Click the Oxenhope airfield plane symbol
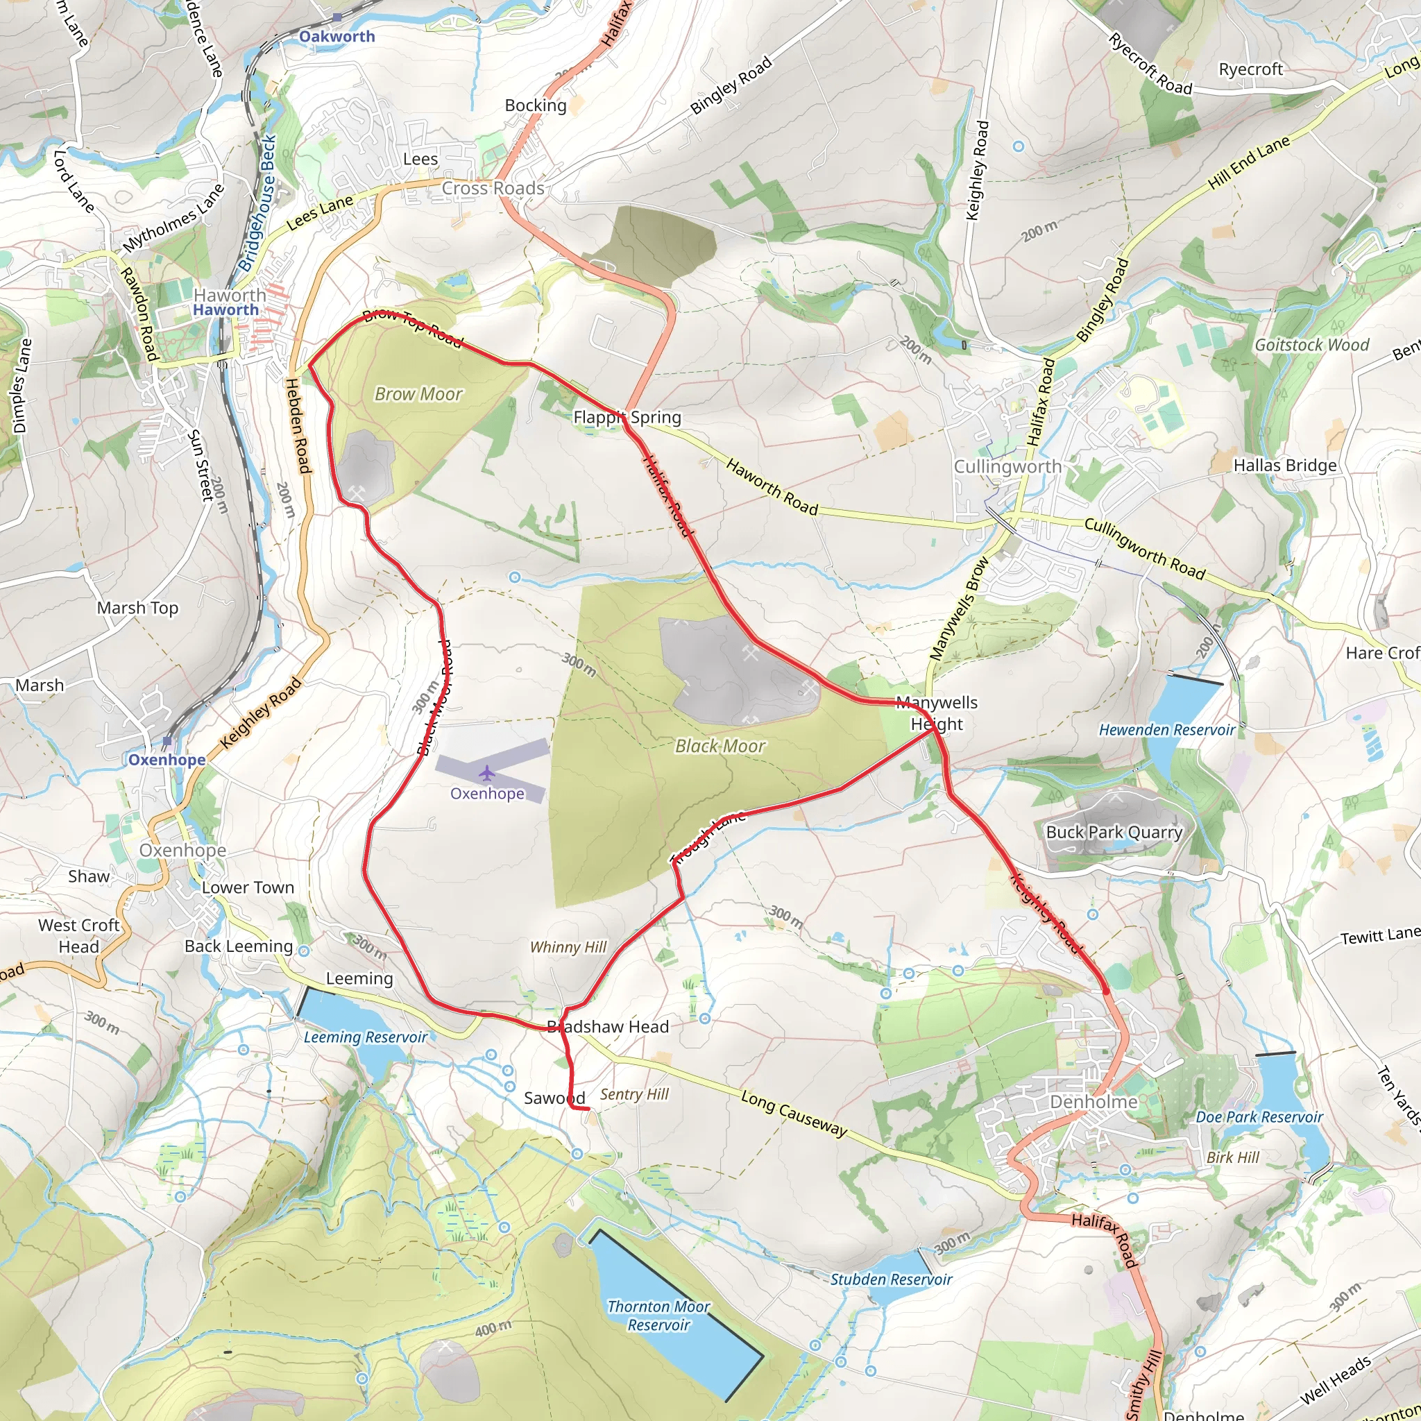tap(486, 773)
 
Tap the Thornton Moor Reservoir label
tap(658, 1315)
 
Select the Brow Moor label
tap(418, 394)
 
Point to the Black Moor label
tap(720, 746)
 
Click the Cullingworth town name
tap(1007, 466)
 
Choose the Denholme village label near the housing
tap(1094, 1102)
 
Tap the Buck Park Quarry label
tap(1114, 832)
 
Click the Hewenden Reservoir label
tap(1167, 730)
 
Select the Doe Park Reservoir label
tap(1259, 1116)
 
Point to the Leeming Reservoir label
tap(366, 1037)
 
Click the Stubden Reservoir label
tap(892, 1279)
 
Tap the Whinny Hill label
tap(568, 947)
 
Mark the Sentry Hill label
tap(635, 1094)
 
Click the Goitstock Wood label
tap(1312, 344)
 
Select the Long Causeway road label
tap(794, 1114)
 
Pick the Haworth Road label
tap(772, 487)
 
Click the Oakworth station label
tap(337, 36)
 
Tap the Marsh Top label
tap(137, 608)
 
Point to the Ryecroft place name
tap(1251, 69)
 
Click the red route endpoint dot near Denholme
tap(1106, 991)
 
